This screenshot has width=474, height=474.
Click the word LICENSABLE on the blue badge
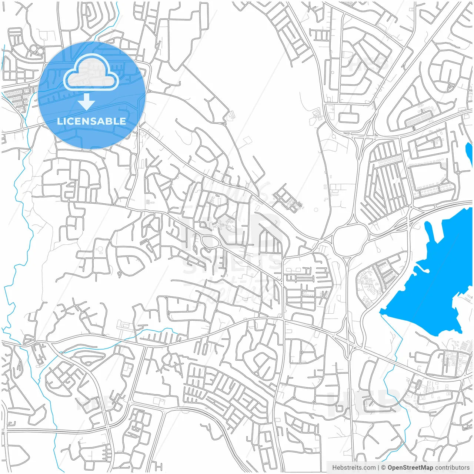click(x=91, y=121)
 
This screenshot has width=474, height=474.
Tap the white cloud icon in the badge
click(x=91, y=72)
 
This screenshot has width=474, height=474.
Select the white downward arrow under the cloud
click(x=86, y=101)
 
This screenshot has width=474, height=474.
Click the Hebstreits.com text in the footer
click(x=354, y=468)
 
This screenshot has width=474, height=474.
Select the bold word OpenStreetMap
click(x=410, y=468)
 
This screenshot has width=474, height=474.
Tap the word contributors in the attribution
click(x=452, y=468)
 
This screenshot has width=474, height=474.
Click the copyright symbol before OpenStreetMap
click(x=383, y=468)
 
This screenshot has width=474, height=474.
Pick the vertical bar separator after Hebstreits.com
click(x=378, y=468)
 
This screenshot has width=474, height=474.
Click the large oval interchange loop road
click(x=350, y=240)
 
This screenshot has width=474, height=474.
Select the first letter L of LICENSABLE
click(x=59, y=121)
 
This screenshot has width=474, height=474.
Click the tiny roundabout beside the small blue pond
click(x=458, y=173)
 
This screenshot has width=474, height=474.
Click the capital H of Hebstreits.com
click(x=334, y=468)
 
